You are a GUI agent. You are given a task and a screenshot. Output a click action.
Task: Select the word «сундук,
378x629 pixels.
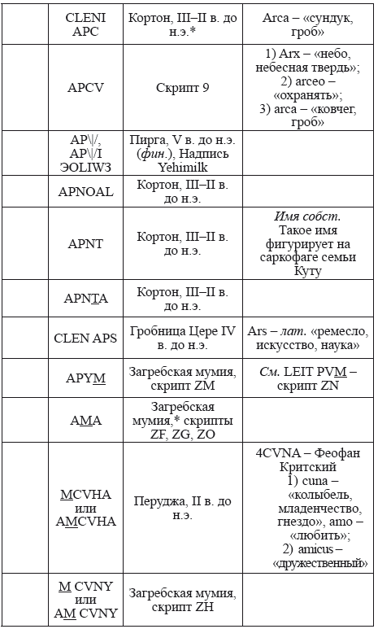329,18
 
